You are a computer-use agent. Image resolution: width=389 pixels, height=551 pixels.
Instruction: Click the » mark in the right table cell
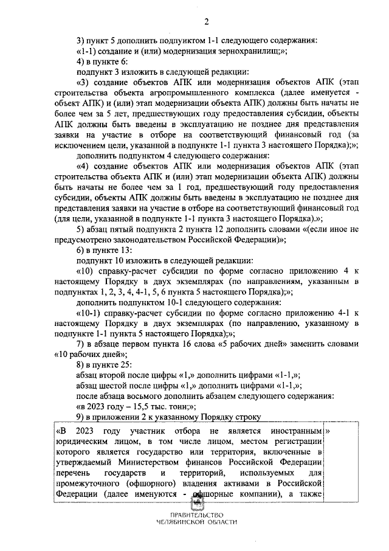pos(329,431)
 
